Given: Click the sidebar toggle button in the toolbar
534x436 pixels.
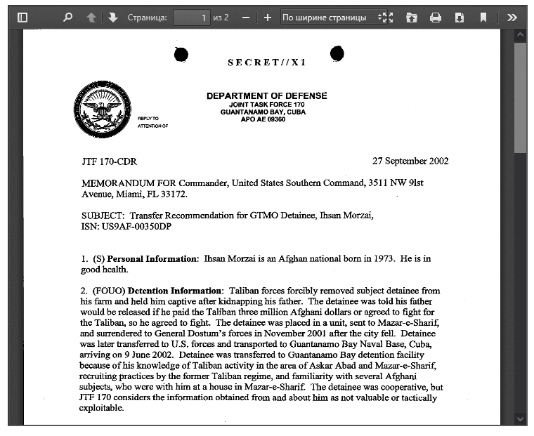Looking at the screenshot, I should click(x=22, y=18).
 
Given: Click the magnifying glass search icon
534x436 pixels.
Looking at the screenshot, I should click(x=67, y=18).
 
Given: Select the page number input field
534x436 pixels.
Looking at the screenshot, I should click(x=192, y=18).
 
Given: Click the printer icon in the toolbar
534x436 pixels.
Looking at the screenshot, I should click(x=436, y=18).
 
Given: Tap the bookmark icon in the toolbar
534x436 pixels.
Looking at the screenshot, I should click(x=483, y=18).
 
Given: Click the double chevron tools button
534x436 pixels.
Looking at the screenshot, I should click(x=512, y=18).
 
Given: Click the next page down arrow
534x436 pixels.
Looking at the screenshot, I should click(x=112, y=18).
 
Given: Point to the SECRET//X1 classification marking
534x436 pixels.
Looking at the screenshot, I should click(x=266, y=62).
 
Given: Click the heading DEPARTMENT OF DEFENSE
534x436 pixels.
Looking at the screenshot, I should click(x=266, y=96).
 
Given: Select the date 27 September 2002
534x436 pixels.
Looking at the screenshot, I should click(x=410, y=161).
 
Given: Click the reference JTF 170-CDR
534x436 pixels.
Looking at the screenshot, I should click(x=109, y=161).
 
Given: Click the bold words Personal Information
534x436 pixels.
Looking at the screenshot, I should click(x=152, y=258).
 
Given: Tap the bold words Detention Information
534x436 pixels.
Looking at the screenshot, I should click(x=175, y=290).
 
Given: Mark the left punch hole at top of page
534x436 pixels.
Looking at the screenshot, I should click(x=181, y=54).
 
